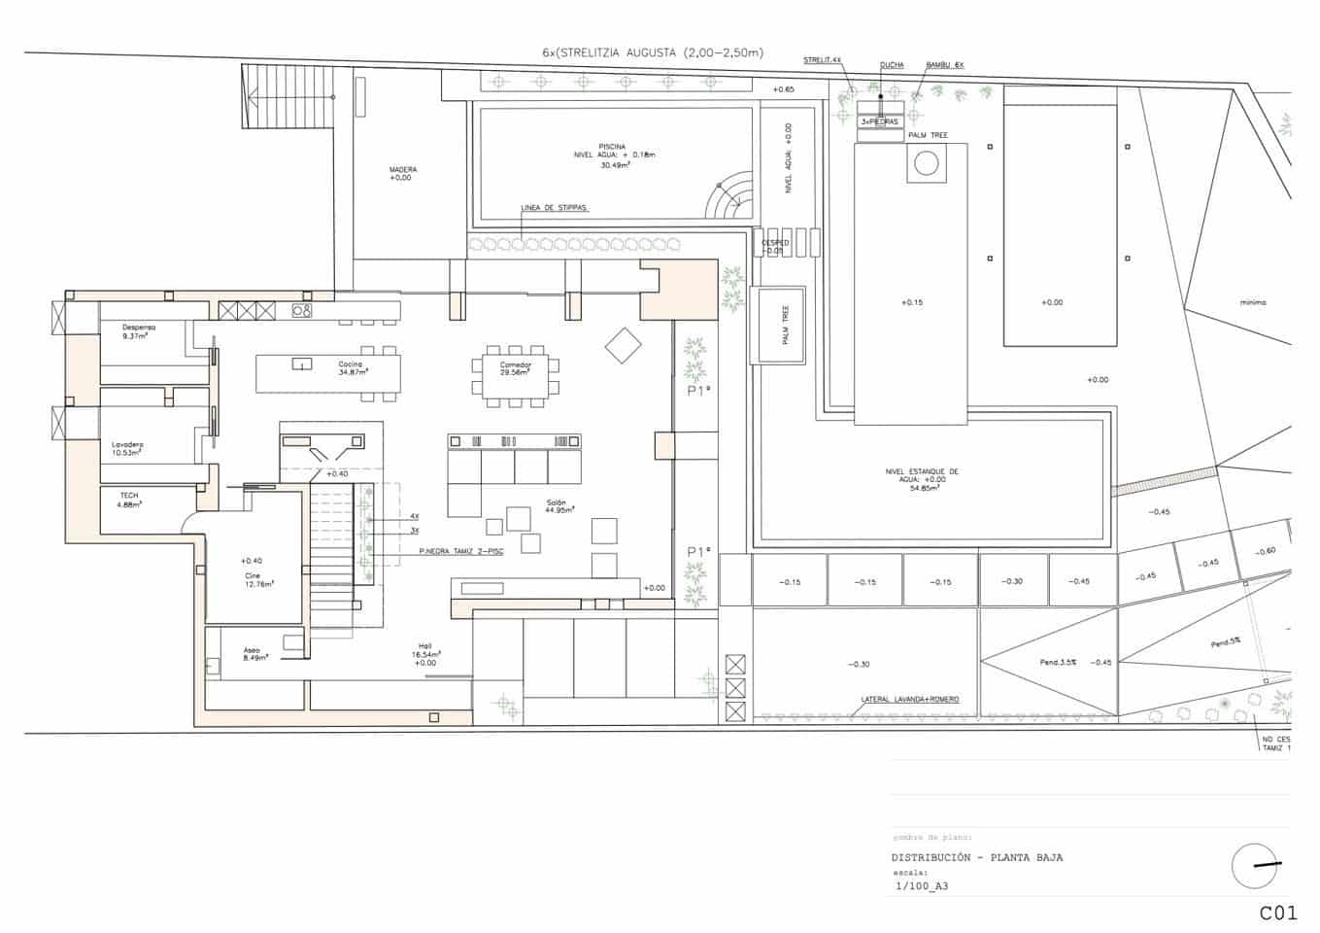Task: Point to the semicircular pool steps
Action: pos(731,198)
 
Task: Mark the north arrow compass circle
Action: pos(1255,865)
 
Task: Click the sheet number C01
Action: pos(1278,913)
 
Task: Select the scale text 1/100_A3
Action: pos(921,885)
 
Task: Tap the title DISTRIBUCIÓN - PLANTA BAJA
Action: pos(976,857)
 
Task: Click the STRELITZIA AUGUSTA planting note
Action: pos(653,52)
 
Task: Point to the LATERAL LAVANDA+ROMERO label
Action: pos(910,699)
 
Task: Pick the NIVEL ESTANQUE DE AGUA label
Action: pos(922,479)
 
